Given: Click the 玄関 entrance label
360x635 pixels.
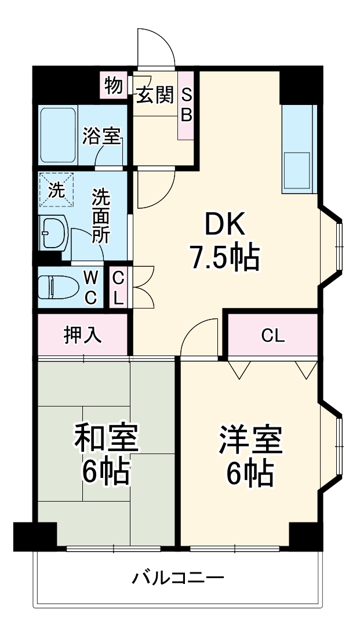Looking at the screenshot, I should pos(155,95).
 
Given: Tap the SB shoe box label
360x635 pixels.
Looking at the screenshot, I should pos(186,104).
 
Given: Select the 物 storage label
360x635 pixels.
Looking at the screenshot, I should pos(113,86).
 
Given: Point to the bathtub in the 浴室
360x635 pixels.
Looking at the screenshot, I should pos(58,135).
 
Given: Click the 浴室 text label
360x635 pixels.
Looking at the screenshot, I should pos(101,137).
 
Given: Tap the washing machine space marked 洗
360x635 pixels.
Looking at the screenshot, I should pos(57,189).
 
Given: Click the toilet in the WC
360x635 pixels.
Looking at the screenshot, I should pos(55,286).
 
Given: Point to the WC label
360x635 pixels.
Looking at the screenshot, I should pos(91,287).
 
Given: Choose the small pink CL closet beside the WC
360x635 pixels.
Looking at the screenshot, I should pos(118,288).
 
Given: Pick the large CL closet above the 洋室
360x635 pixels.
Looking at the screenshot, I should pos(272,335).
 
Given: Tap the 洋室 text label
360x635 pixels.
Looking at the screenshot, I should pos(250,440).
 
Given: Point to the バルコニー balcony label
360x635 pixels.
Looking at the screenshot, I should pos(178,578).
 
